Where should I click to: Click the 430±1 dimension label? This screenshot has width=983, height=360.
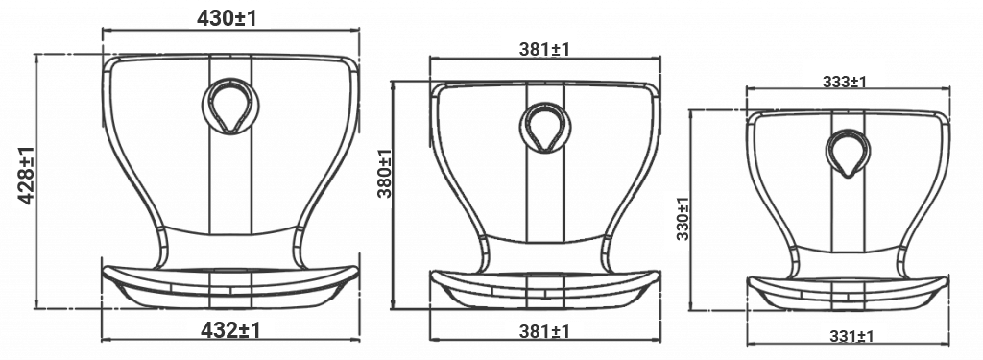(227, 18)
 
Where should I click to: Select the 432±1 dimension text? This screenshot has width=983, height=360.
(230, 330)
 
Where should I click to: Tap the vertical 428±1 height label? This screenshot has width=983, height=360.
(26, 175)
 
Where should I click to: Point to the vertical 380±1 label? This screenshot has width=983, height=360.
(384, 173)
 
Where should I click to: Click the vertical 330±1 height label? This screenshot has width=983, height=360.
(683, 218)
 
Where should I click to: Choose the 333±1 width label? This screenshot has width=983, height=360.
(845, 82)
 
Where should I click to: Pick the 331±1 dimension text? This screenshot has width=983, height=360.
(852, 336)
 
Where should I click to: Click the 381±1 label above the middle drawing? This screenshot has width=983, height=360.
(545, 49)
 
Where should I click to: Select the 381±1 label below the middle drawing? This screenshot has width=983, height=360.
(545, 331)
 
